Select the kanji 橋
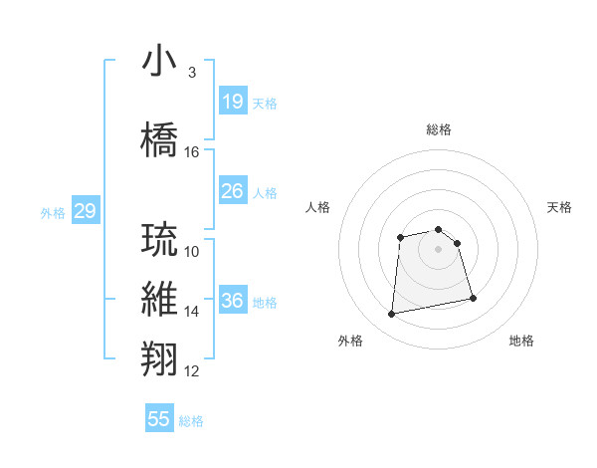coord(160,138)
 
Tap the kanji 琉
coord(160,239)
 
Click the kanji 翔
coord(160,357)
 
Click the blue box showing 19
coord(232,102)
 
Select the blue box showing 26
coord(232,191)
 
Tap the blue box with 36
coord(232,301)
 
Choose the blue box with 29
coord(85,211)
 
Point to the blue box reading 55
coord(159,419)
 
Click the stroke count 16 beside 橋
coord(192,152)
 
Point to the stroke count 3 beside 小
coord(191,73)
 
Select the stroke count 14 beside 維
coord(192,312)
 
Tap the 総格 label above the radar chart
coord(439,129)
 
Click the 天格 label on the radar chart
coord(559,207)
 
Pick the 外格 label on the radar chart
coord(350,341)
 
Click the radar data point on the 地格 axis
coord(473,298)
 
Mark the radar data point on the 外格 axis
coord(392,315)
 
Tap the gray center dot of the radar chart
coord(439,248)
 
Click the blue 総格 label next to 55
coord(191,421)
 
